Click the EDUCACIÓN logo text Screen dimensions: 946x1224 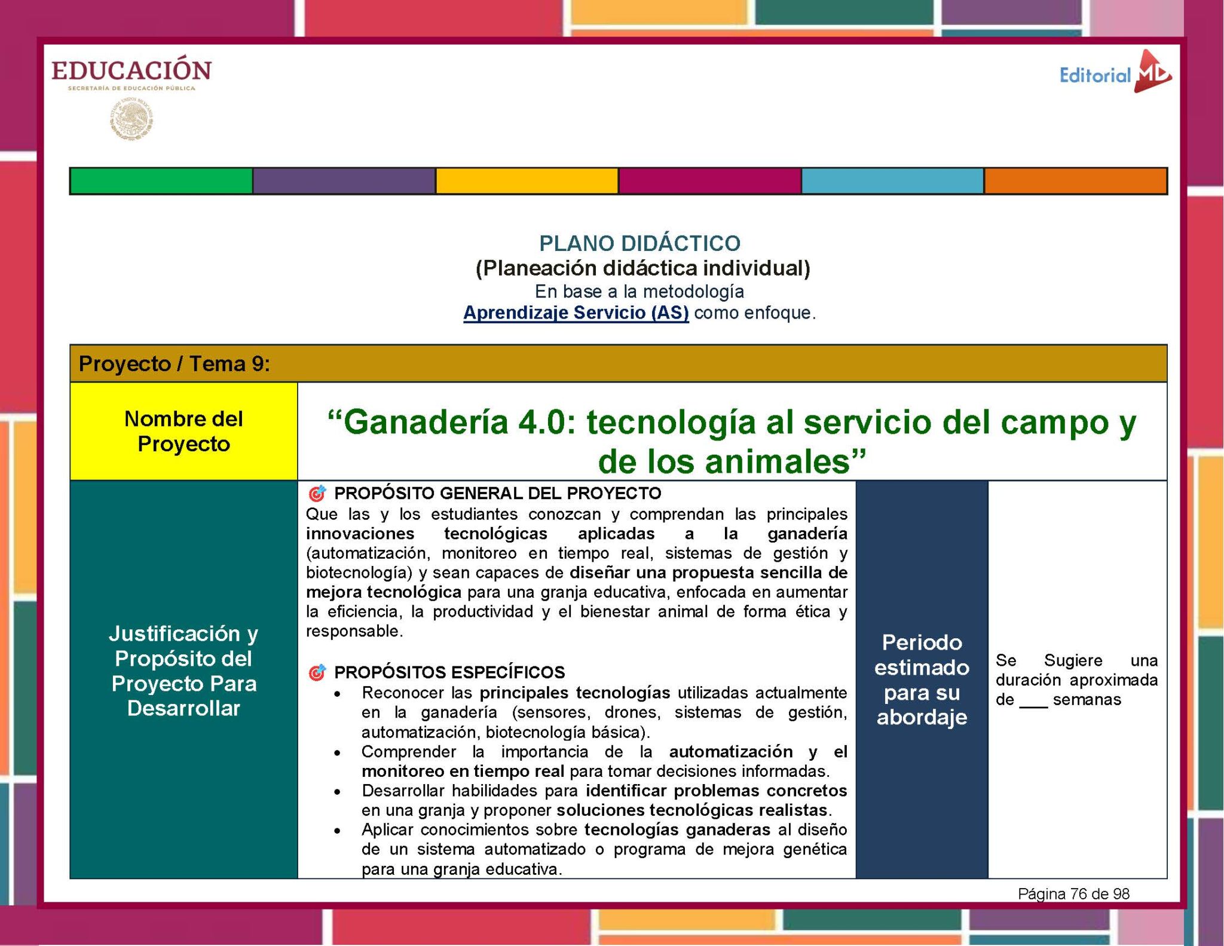(131, 71)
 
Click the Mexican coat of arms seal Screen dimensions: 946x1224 (131, 119)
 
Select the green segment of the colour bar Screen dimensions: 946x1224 (161, 181)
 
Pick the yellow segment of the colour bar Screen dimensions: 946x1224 (527, 181)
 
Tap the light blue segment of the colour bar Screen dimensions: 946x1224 (892, 181)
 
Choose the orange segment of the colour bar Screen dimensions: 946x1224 (1075, 181)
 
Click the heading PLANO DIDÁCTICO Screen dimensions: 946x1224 (639, 243)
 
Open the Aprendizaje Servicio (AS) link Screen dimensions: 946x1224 (576, 313)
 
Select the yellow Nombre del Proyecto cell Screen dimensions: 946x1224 (183, 431)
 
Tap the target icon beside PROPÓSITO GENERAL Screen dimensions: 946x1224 (317, 494)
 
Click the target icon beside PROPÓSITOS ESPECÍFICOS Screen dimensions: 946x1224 (317, 673)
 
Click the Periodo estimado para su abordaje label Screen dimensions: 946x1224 (922, 679)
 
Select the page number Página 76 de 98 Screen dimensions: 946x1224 (1073, 894)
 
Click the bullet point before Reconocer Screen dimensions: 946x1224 (338, 694)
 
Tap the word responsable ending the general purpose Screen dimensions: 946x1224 (353, 632)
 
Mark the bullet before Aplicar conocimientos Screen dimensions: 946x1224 (338, 831)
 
